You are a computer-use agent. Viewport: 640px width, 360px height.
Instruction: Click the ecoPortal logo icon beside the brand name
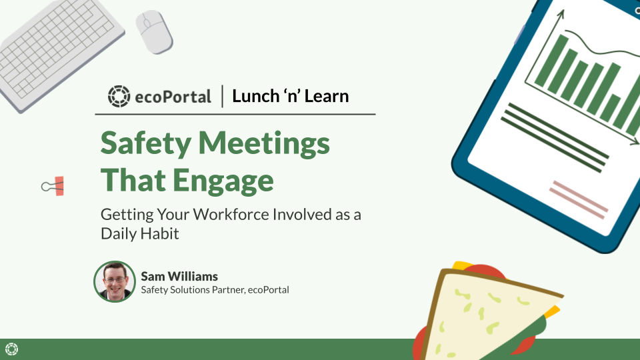point(119,96)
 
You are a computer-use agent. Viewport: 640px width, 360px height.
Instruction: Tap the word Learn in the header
point(327,96)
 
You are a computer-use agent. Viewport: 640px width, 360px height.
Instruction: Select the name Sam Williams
point(179,276)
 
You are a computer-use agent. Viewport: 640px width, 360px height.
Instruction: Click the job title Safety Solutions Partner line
point(215,290)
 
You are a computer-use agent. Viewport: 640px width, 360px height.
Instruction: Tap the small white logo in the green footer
point(11,349)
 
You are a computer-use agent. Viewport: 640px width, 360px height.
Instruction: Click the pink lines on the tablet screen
point(579,198)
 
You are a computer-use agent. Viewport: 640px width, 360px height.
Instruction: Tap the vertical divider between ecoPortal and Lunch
point(222,96)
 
